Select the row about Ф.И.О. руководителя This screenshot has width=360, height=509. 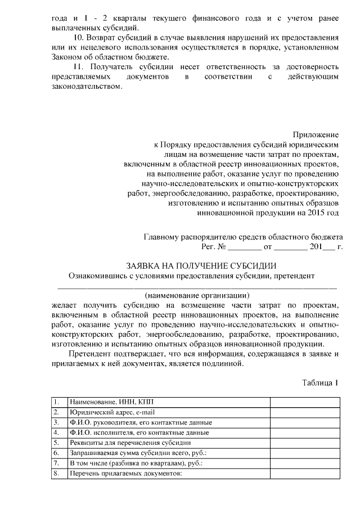coord(140,422)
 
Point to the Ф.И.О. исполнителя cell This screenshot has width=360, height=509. coord(139,433)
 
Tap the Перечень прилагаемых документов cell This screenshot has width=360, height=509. coord(125,474)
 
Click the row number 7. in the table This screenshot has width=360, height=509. coord(56,463)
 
